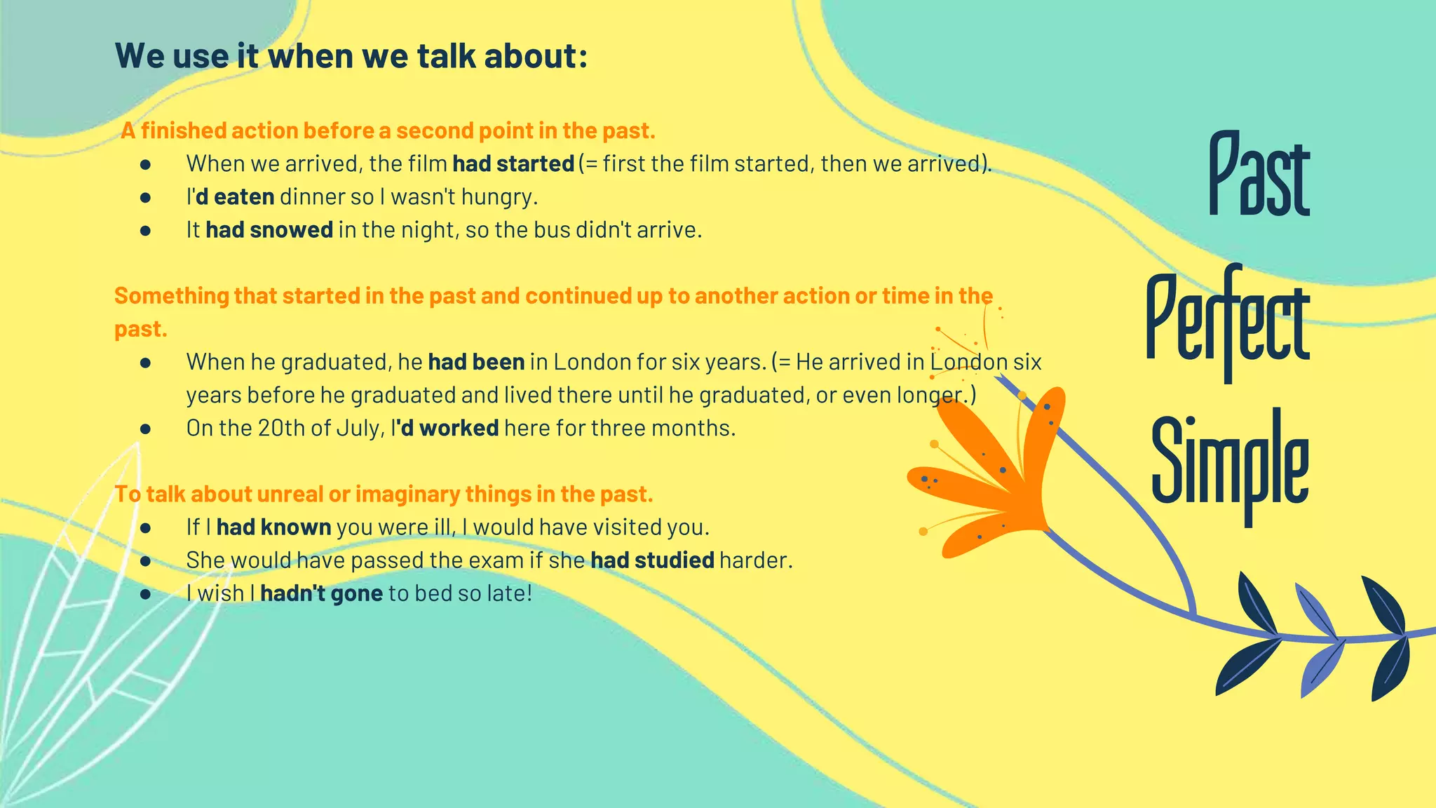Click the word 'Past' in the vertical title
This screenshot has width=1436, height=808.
pos(1259,175)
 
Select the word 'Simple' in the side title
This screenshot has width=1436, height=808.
pos(1230,463)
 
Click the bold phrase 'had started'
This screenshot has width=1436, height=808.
pos(513,164)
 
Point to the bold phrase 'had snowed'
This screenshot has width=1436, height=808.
pos(269,230)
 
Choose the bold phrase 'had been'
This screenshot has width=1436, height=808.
pos(476,362)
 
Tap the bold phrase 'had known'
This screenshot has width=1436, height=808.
pos(273,527)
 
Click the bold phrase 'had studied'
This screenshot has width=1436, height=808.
pos(652,560)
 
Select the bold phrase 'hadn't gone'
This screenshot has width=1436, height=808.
pos(321,593)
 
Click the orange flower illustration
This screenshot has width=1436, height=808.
pos(996,477)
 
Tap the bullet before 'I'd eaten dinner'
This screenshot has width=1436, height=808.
pos(146,198)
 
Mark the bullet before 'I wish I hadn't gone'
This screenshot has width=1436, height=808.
pos(146,594)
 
